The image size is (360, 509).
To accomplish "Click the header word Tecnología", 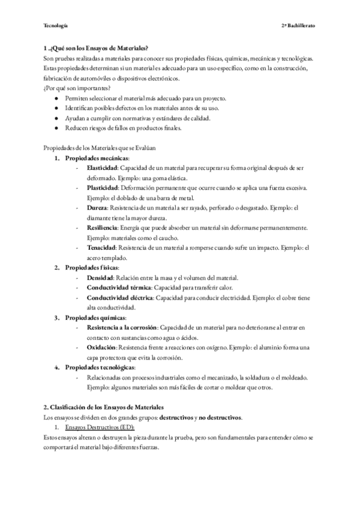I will click(x=56, y=26).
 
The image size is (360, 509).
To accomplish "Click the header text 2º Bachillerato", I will click(x=298, y=26).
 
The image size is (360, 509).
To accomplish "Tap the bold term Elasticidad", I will click(x=102, y=167).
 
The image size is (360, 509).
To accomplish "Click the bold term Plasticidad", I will click(x=102, y=188).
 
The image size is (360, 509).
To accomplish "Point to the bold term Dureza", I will click(x=97, y=208).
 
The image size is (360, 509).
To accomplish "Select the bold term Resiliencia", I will click(x=101, y=227).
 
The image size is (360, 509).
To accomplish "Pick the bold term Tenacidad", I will click(x=101, y=247).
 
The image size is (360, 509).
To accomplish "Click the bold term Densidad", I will click(x=100, y=277).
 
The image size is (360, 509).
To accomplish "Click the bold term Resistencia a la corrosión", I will click(x=122, y=327).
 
